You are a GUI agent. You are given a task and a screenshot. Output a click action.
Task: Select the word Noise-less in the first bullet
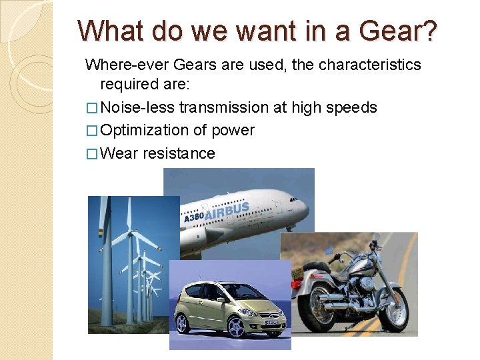tap(139, 107)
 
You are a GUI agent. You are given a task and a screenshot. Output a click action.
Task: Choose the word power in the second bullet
tap(233, 131)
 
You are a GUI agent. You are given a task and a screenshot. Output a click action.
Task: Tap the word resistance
tap(178, 153)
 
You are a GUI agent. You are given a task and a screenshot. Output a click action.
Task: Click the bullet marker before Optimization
tap(93, 131)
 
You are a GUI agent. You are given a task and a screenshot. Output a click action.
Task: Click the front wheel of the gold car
tap(237, 327)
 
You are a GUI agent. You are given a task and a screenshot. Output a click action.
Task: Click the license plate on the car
tap(271, 322)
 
